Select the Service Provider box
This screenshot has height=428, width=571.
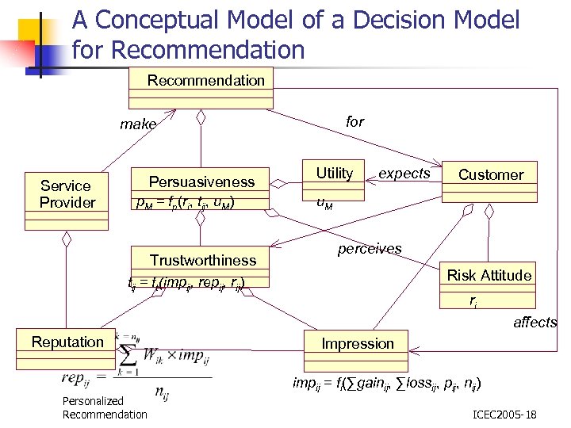pyautogui.click(x=67, y=194)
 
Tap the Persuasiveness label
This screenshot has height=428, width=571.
pyautogui.click(x=202, y=182)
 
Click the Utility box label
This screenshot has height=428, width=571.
pyautogui.click(x=335, y=174)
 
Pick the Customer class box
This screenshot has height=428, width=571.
pyautogui.click(x=491, y=175)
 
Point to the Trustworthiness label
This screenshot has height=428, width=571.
pyautogui.click(x=203, y=260)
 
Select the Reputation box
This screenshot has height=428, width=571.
pyautogui.click(x=67, y=342)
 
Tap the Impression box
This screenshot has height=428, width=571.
pyautogui.click(x=358, y=343)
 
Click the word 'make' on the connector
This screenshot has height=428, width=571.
pyautogui.click(x=138, y=124)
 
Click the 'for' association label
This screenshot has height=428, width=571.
pyautogui.click(x=355, y=121)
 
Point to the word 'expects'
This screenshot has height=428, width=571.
pyautogui.click(x=404, y=173)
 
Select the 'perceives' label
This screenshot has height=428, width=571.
pyautogui.click(x=370, y=249)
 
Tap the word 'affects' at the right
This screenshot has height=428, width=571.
pyautogui.click(x=535, y=323)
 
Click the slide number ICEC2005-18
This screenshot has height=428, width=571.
pyautogui.click(x=504, y=415)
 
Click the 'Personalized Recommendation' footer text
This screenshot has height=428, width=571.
pyautogui.click(x=105, y=408)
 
